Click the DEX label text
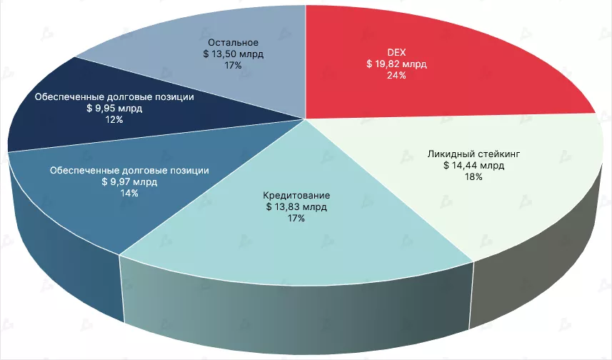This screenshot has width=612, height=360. pyautogui.click(x=396, y=52)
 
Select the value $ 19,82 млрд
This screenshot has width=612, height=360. pyautogui.click(x=396, y=64)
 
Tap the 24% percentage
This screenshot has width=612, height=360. pyautogui.click(x=396, y=75)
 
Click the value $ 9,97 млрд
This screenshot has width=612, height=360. pyautogui.click(x=129, y=182)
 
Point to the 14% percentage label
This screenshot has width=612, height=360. pyautogui.click(x=129, y=194)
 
